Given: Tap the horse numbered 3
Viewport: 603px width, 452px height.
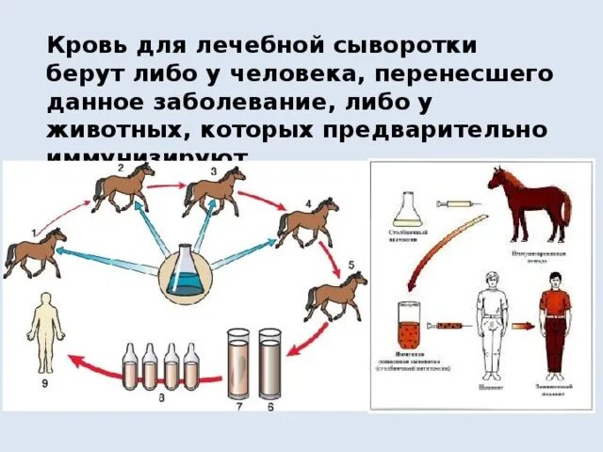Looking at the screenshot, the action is click(x=214, y=188).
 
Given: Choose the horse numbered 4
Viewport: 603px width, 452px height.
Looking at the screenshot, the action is click(x=307, y=222).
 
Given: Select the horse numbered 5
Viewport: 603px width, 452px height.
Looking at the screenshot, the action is click(x=334, y=295).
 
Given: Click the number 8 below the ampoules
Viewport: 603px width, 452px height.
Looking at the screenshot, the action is click(x=161, y=399).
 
